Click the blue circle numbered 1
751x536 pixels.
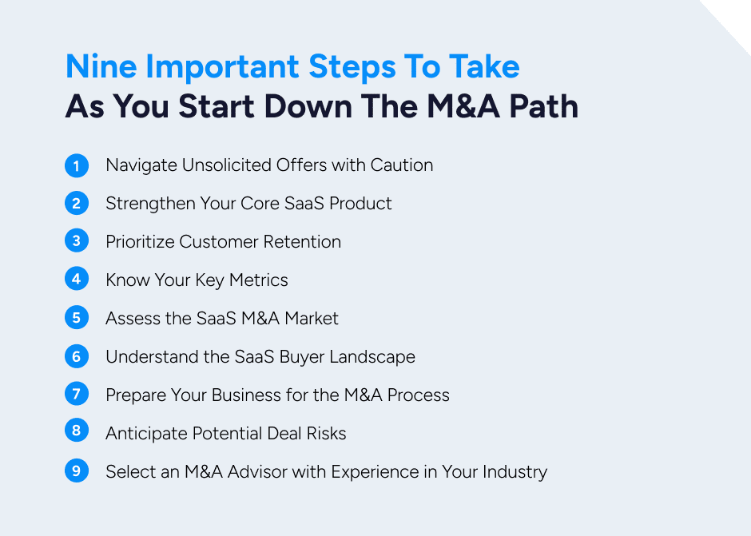[x=76, y=165]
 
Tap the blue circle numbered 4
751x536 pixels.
[x=76, y=280]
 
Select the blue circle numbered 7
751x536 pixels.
[x=76, y=395]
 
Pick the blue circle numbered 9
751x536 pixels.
[x=76, y=471]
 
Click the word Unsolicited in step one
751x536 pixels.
[x=227, y=165]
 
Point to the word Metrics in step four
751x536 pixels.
[x=258, y=280]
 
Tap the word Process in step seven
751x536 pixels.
[x=419, y=395]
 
